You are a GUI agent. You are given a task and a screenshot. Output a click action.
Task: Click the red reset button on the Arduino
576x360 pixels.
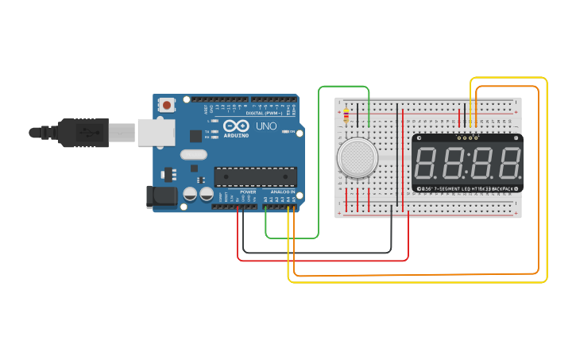click(x=167, y=104)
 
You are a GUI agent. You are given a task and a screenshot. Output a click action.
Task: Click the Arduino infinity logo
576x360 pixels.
click(x=236, y=126)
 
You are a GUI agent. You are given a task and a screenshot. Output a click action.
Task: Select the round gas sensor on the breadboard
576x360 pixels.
click(x=357, y=157)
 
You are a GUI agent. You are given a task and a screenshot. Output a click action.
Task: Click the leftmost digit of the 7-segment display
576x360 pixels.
click(x=429, y=163)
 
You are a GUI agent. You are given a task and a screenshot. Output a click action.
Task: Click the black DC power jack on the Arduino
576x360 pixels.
click(x=161, y=197)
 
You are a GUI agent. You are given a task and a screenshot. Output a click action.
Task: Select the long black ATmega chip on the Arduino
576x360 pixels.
click(x=255, y=177)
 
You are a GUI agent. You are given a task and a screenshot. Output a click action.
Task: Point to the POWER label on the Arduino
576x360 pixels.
click(x=248, y=192)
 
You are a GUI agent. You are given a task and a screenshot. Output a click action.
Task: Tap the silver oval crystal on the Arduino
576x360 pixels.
click(x=193, y=155)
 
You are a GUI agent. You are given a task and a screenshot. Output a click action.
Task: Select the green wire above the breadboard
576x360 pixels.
click(x=343, y=87)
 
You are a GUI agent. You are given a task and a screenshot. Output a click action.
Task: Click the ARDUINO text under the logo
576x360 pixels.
click(x=236, y=135)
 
